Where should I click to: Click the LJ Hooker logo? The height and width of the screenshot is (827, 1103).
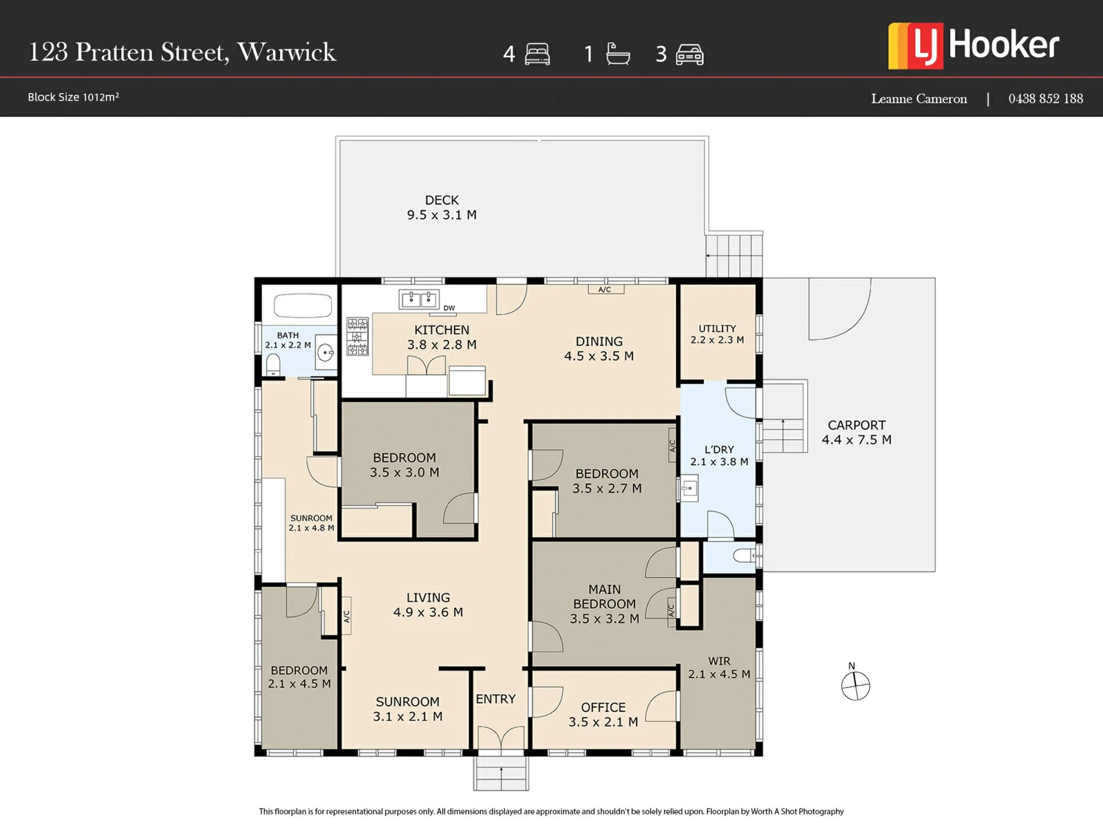pos(973,46)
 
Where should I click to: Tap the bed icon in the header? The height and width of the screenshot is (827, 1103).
pos(537,54)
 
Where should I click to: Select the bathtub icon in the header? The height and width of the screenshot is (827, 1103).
pos(618,54)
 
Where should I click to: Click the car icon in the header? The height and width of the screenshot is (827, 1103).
pos(690,55)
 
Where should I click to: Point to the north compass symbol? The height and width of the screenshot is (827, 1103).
pos(855,686)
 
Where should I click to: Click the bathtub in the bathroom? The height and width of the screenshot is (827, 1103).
pos(303,306)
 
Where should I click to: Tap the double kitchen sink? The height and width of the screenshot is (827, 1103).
pos(419,299)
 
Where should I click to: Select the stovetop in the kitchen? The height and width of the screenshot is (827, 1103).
pos(357,337)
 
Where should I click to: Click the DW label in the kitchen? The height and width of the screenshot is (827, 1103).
pos(449,308)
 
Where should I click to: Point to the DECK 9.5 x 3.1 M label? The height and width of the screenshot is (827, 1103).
pos(442,207)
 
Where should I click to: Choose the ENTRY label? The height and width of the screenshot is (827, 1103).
pos(496,699)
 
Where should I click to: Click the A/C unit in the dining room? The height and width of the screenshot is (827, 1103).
pos(606,289)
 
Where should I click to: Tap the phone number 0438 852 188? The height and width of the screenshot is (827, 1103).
pos(1046,99)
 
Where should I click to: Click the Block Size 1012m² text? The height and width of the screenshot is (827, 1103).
pos(74,97)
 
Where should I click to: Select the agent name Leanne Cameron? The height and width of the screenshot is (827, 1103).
pos(919,99)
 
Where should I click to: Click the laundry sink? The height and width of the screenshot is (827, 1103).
pos(689,489)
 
